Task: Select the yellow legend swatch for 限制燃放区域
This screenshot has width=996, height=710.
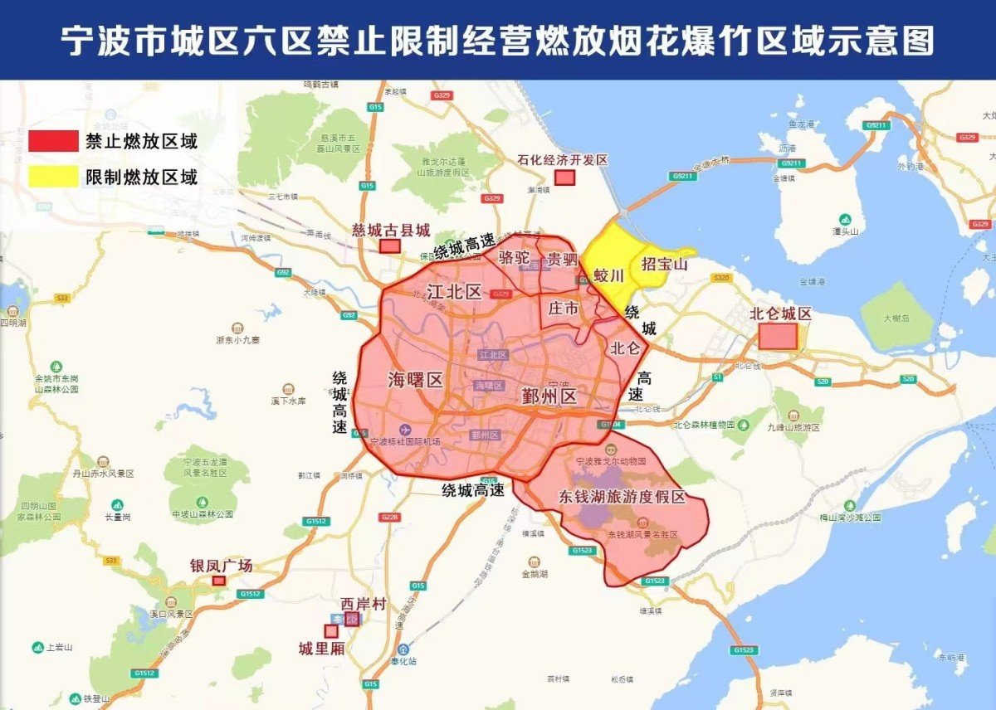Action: coord(52,176)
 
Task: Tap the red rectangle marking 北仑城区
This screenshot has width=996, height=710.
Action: coord(778,336)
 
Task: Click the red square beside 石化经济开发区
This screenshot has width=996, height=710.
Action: coord(565,177)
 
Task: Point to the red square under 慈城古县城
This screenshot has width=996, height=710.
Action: coord(389,246)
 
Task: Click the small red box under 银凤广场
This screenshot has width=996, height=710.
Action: coord(219,581)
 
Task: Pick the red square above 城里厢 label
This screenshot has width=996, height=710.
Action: coord(331,631)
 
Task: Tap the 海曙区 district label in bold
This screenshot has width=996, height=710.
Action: coord(416,380)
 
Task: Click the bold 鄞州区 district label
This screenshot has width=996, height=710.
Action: coord(549,396)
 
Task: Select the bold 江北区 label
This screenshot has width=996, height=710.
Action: coord(454,291)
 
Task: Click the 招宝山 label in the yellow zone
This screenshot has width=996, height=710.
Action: coord(665,265)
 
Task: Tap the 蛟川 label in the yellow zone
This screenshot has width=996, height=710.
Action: coord(608,275)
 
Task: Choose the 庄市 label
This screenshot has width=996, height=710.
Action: coord(564,309)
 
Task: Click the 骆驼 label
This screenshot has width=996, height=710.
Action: coord(514,258)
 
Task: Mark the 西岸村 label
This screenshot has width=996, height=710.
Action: coord(364,604)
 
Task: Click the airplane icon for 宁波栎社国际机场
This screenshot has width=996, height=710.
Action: coord(405,430)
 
